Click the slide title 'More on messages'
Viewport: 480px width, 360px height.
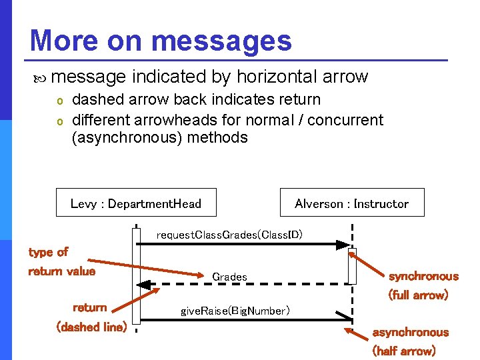(161, 40)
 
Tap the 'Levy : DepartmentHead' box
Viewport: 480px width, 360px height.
(136, 203)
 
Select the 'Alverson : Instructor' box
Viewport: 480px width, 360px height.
(351, 203)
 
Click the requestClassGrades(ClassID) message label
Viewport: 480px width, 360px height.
(229, 235)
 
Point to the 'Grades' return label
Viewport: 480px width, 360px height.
(229, 277)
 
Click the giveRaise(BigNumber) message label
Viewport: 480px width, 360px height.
(235, 310)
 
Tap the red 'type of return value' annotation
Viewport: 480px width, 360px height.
(61, 261)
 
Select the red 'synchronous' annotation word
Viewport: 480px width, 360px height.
(423, 276)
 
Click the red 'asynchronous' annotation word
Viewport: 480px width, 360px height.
(410, 332)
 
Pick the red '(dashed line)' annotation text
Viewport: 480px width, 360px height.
(92, 327)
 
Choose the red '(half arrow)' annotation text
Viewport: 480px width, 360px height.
(404, 351)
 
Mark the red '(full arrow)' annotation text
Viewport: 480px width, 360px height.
(418, 295)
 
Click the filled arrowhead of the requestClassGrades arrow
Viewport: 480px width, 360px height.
(343, 245)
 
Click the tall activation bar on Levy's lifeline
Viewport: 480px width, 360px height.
(136, 280)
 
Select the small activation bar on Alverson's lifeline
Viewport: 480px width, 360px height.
(352, 265)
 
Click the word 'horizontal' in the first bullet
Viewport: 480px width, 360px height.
(271, 77)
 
